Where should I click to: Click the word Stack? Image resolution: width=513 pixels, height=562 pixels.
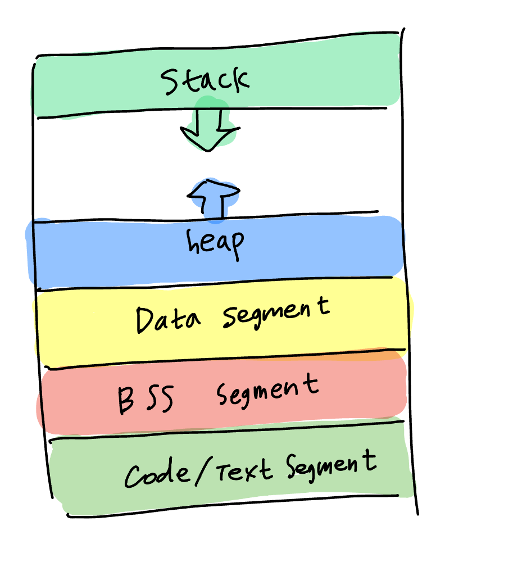tap(205, 80)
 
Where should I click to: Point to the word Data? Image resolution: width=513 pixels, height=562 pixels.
tap(167, 320)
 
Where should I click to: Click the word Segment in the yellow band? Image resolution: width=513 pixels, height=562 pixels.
tap(275, 314)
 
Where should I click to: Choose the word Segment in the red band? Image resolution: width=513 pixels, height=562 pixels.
tap(267, 389)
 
